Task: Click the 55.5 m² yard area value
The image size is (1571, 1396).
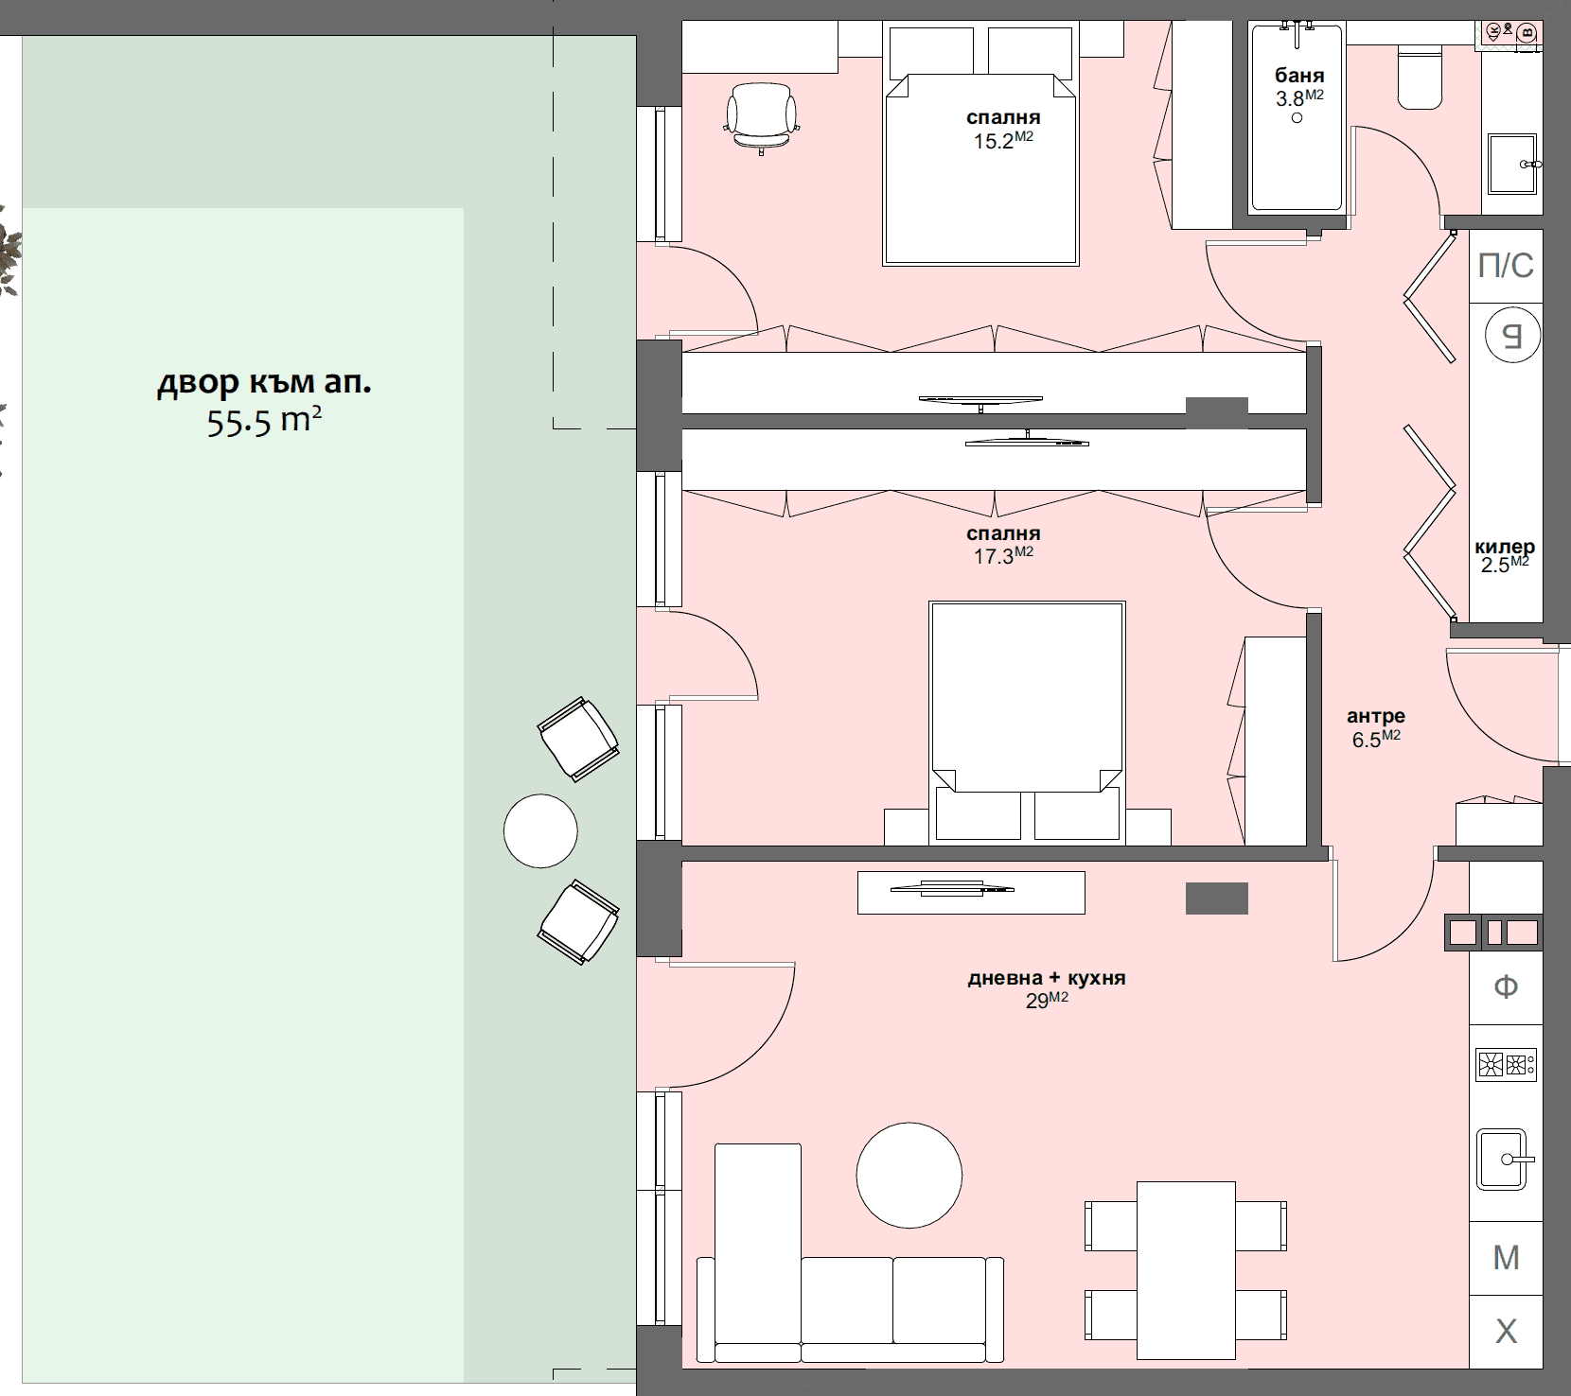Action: (264, 421)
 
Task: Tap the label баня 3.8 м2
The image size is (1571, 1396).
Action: (1299, 87)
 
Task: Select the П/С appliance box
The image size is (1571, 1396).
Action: (1506, 266)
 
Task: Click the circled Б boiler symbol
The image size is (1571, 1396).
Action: (1511, 335)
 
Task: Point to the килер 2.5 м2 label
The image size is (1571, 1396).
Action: (1505, 556)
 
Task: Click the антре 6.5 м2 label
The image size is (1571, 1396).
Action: (1376, 727)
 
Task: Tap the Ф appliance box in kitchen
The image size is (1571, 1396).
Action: (1506, 987)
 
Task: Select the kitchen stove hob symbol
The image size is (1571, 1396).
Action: (1506, 1065)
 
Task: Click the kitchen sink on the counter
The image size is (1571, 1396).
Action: (1503, 1159)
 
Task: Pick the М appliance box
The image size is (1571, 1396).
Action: (1506, 1258)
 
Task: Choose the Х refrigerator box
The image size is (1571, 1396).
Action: (1506, 1332)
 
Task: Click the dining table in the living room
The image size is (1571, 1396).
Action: (1186, 1269)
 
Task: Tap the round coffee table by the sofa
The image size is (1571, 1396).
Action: (909, 1175)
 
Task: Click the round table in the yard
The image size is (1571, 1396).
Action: (540, 830)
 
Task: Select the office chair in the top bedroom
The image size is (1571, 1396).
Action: (762, 116)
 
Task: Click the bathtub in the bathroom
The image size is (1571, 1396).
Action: (1297, 118)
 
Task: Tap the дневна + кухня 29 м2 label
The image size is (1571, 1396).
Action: (1047, 988)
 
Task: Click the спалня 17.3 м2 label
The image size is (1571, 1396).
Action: (1003, 545)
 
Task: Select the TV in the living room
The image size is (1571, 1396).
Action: (952, 888)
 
